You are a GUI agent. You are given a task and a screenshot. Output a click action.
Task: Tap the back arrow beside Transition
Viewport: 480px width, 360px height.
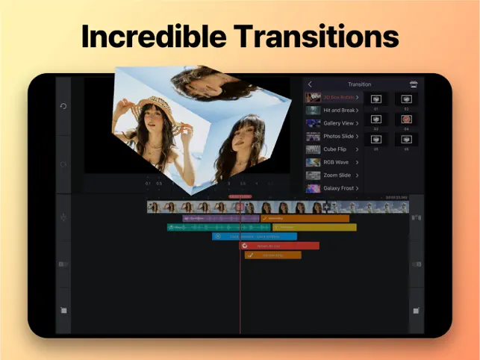tap(310, 84)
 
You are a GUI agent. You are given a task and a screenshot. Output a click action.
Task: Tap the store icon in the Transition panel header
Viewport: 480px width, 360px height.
tap(413, 84)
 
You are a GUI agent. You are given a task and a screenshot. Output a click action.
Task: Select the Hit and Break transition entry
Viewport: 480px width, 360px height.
tap(332, 111)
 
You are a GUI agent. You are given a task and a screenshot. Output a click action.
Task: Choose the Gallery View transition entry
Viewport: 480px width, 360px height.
tap(332, 123)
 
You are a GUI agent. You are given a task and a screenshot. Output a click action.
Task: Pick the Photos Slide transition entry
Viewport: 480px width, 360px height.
tap(332, 136)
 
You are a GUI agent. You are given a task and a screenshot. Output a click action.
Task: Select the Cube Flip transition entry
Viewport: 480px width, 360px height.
tap(332, 149)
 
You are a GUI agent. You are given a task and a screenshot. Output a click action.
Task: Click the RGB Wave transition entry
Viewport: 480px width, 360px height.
tap(332, 162)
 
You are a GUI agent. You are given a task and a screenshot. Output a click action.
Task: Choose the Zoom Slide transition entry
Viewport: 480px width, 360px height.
tap(332, 175)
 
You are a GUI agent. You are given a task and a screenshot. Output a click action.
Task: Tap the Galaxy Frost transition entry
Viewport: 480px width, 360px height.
tap(332, 188)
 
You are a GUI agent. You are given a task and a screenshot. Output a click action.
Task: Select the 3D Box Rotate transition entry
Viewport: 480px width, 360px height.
tap(332, 98)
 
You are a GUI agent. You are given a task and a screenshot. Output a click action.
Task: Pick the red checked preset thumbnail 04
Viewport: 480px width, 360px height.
tap(406, 119)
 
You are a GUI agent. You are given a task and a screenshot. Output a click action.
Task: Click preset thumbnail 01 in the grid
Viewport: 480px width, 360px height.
tap(376, 99)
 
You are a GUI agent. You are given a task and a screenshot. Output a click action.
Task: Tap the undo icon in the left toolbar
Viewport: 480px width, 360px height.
tap(63, 106)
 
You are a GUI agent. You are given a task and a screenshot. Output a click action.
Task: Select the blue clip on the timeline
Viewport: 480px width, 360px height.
tap(254, 236)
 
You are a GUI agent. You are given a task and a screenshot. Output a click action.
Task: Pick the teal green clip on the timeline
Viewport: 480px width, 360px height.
tap(202, 227)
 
